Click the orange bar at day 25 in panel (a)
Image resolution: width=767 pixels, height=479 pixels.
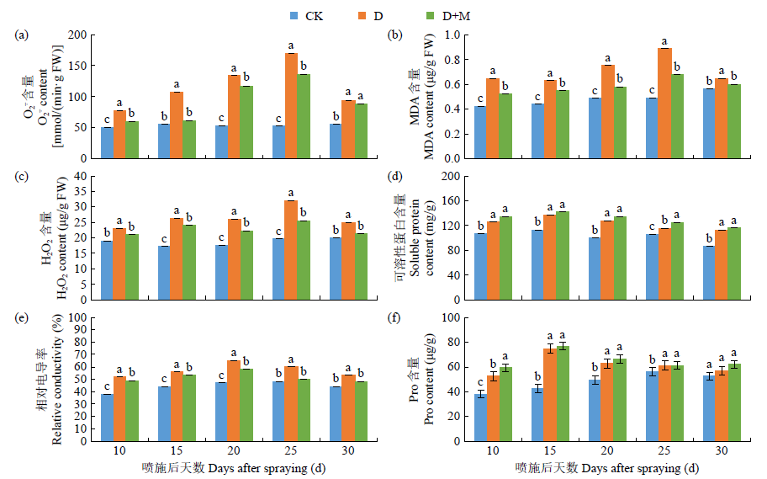[x=291, y=105]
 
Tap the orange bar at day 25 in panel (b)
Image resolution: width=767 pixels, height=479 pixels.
[x=664, y=103]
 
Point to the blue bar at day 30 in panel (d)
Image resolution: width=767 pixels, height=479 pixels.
[x=709, y=273]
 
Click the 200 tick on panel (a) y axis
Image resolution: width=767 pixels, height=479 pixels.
[x=79, y=35]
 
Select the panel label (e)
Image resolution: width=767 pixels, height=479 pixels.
[x=22, y=318]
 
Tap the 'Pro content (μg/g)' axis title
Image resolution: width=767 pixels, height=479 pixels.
[x=429, y=379]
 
